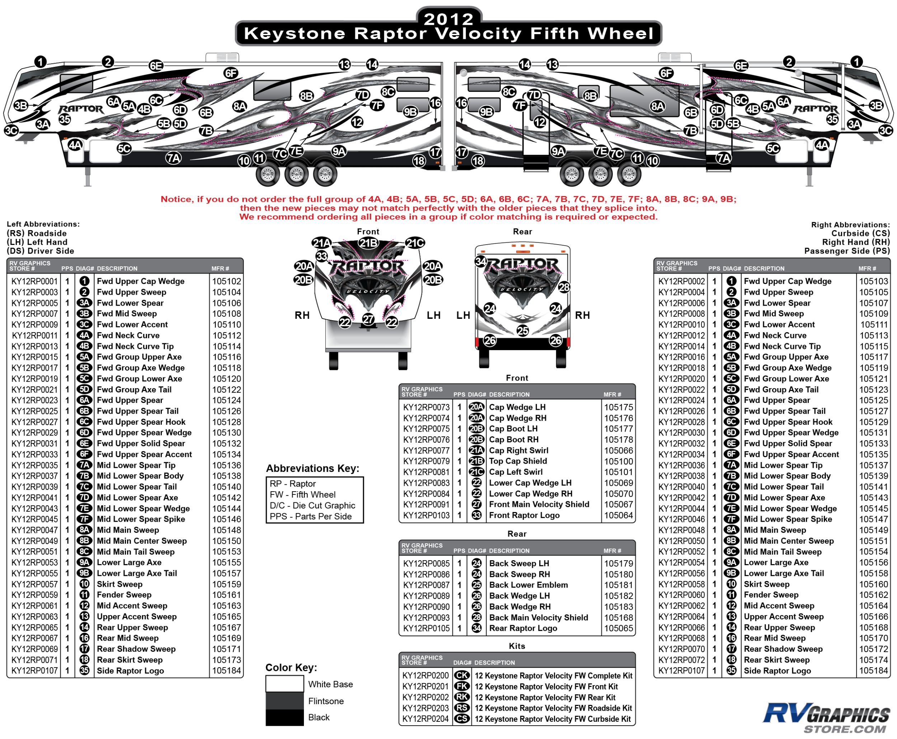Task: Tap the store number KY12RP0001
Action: tap(34, 282)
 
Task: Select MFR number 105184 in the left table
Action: tap(227, 670)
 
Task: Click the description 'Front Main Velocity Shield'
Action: tap(539, 505)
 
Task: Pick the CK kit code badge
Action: tap(461, 675)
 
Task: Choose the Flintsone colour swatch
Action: tap(285, 701)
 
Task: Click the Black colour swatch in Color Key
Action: tap(285, 717)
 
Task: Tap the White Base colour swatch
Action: tap(285, 684)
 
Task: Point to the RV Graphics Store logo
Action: tap(826, 718)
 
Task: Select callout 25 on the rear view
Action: tap(523, 330)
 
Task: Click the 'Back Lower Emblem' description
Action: tap(528, 585)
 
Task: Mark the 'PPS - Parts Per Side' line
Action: tap(310, 516)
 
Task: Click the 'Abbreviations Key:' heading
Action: tap(313, 468)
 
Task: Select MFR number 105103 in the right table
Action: tap(874, 282)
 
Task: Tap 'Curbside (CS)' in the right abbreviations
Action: tap(860, 233)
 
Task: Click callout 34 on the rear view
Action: tap(480, 261)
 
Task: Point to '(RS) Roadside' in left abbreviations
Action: tap(37, 233)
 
